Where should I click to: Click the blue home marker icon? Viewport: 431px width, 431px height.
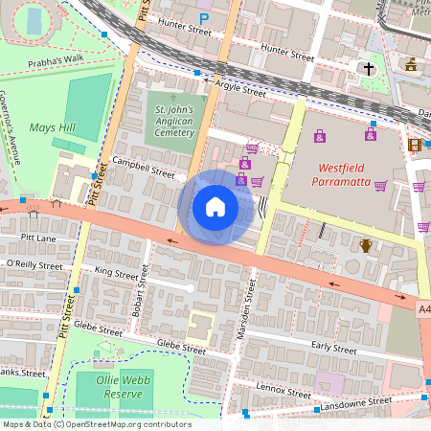215,206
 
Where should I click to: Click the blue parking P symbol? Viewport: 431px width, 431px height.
203,18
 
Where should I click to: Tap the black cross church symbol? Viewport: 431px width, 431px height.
368,69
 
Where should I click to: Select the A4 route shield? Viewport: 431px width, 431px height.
423,309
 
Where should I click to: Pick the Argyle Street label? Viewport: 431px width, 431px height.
240,89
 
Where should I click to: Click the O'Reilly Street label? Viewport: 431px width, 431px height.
34,264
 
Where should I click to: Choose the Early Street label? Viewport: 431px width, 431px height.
333,349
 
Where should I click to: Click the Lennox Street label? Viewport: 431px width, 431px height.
284,388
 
